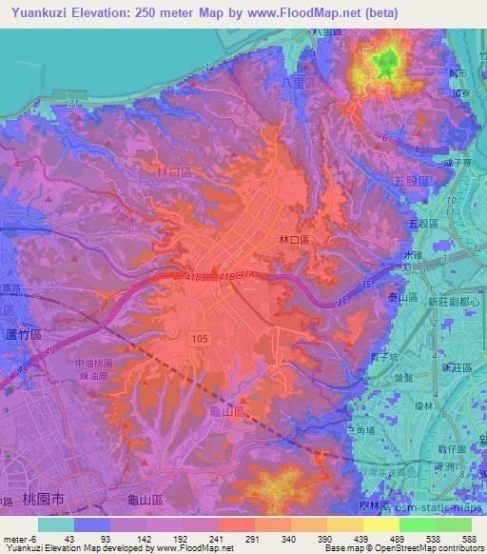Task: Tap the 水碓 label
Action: pos(410,255)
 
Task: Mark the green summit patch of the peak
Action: pos(384,65)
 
